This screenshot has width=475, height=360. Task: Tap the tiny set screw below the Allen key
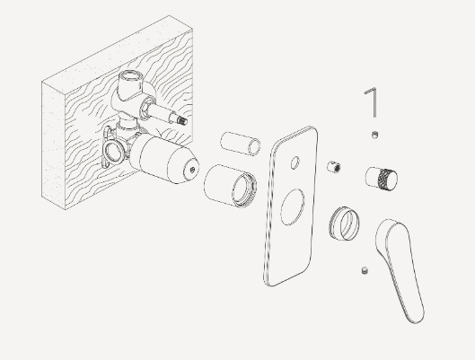(374, 135)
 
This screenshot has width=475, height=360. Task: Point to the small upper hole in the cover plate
(293, 162)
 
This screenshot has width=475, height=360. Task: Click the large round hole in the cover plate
(292, 211)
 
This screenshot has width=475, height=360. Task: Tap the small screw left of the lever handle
(364, 270)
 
